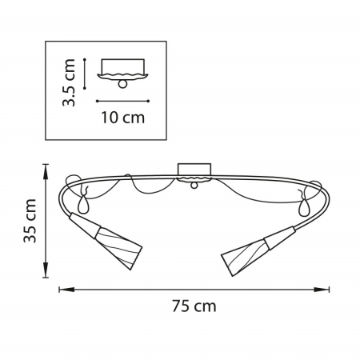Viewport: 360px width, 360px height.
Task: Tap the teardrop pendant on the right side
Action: [x=303, y=208]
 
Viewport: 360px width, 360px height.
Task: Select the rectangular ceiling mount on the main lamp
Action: [x=193, y=170]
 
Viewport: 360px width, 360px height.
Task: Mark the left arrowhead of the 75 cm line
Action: [x=62, y=288]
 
